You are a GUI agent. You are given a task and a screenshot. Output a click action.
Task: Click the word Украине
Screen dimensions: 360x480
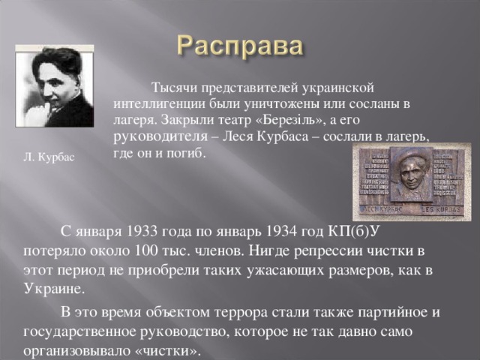(x=55, y=289)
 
